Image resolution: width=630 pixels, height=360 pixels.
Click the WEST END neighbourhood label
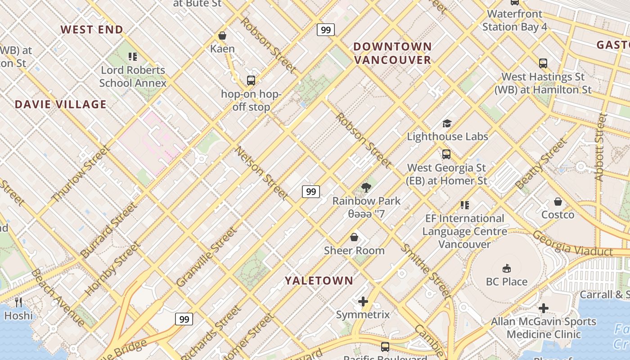pos(92,30)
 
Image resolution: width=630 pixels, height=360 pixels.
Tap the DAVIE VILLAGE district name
pos(61,104)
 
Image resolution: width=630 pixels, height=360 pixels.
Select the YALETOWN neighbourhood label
pos(319,281)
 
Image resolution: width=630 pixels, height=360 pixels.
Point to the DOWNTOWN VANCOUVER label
pos(392,53)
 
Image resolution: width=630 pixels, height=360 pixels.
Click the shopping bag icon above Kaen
pos(222,36)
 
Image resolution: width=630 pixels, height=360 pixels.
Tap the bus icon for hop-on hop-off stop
pos(251,81)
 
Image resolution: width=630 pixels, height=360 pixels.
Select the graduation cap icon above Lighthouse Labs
pos(447,123)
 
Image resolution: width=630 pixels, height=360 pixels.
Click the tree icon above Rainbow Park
pos(366,188)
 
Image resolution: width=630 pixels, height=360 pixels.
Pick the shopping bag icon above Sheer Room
pos(354,237)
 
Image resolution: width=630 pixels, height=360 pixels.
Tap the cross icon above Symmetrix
pos(363,301)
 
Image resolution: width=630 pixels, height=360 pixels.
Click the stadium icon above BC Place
pos(507,269)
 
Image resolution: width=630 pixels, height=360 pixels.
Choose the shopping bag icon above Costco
pos(558,202)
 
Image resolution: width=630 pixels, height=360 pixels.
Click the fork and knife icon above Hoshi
pos(18,302)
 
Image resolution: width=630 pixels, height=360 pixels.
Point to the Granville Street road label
pos(206,257)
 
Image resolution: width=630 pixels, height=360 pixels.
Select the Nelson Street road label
pos(261,173)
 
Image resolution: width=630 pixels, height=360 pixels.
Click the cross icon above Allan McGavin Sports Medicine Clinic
pos(544,308)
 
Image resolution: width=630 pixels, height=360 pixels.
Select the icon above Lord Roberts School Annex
pos(133,57)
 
